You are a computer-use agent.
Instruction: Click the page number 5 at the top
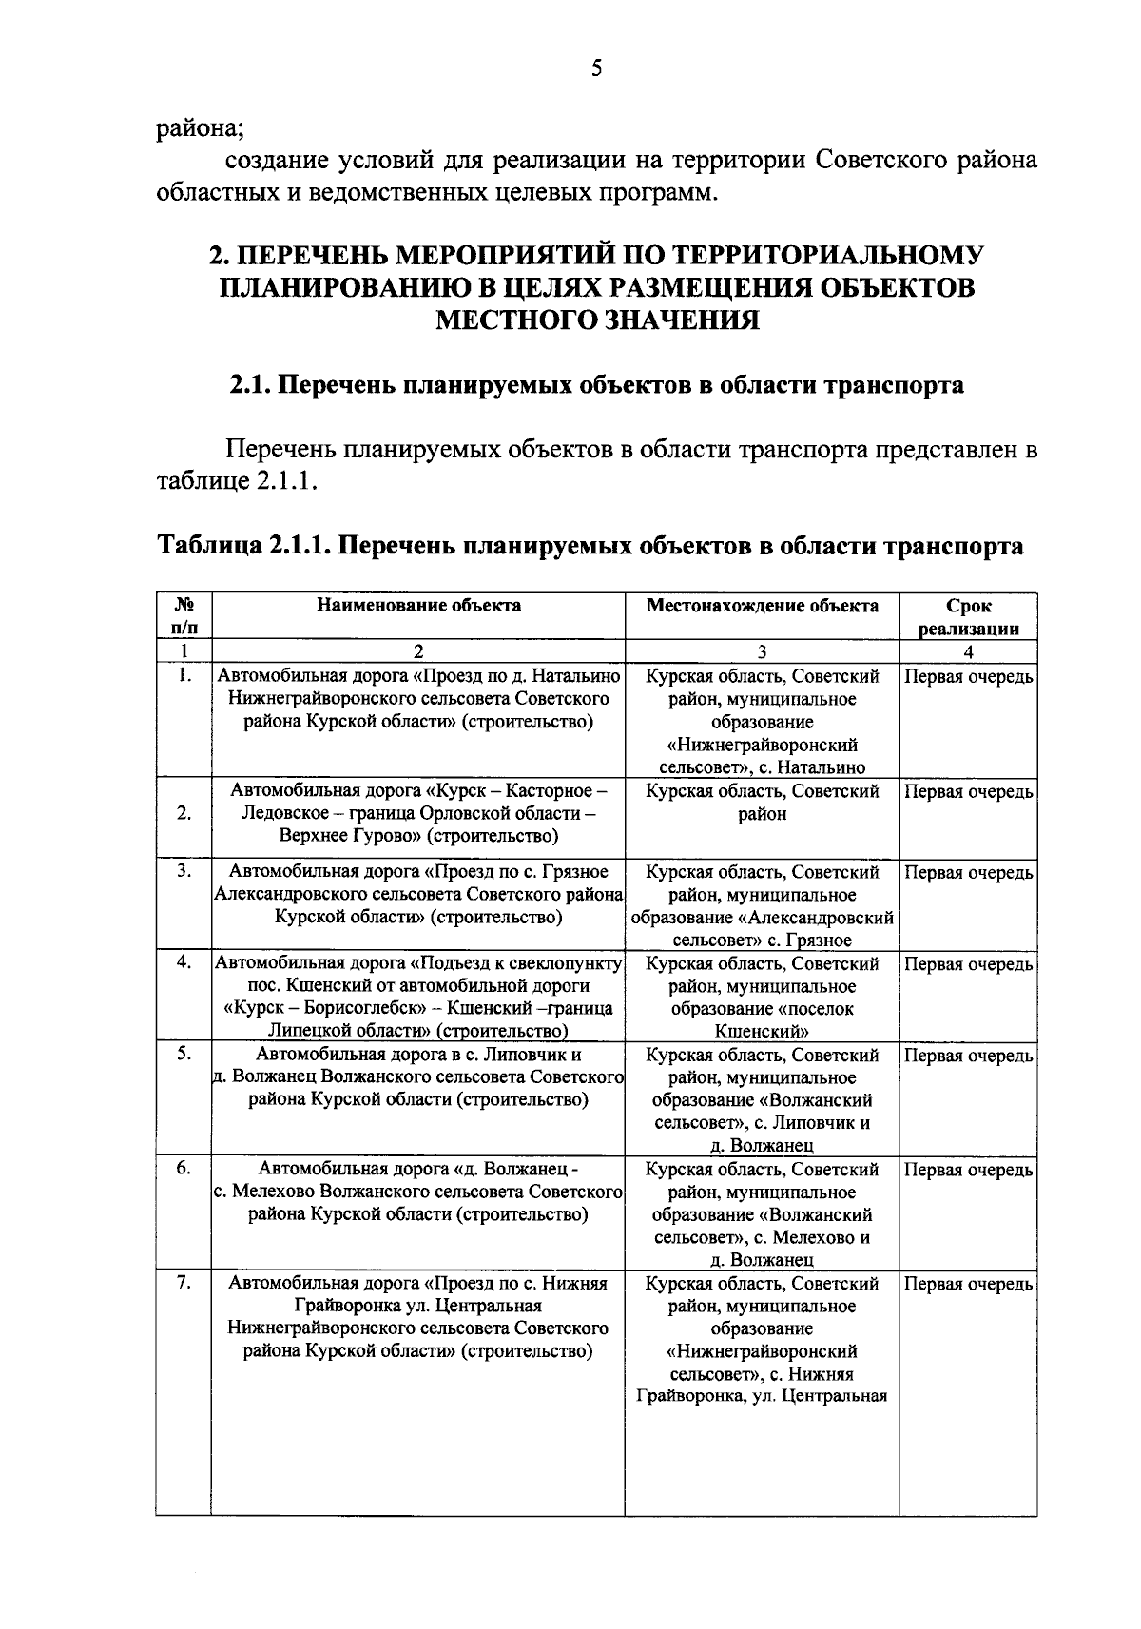[596, 68]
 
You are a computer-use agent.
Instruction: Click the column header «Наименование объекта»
[418, 605]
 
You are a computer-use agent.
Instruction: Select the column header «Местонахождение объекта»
[763, 605]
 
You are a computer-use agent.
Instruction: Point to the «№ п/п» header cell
[184, 615]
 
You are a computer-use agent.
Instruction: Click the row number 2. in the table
[184, 813]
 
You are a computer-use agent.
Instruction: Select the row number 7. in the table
[184, 1283]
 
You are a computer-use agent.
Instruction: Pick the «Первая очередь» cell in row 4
[968, 964]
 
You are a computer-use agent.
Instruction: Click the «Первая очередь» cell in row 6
[968, 1171]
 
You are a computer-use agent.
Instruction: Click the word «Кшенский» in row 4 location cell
[761, 1032]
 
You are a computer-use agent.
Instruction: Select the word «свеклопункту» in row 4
[562, 963]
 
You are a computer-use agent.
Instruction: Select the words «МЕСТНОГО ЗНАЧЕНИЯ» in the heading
[596, 320]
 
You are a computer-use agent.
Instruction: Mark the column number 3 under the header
[762, 651]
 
